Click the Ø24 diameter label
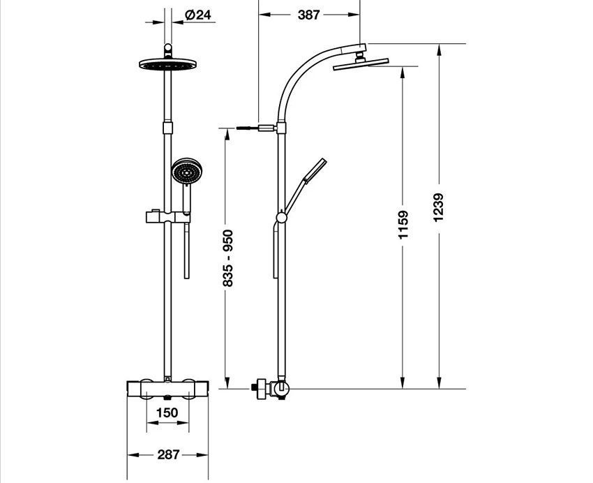pyautogui.click(x=200, y=15)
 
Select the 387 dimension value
pyautogui.click(x=308, y=15)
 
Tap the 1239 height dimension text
pyautogui.click(x=437, y=207)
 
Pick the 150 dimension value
pyautogui.click(x=167, y=413)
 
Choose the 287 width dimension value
pyautogui.click(x=167, y=454)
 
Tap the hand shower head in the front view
pyautogui.click(x=186, y=171)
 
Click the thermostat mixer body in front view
pyautogui.click(x=167, y=389)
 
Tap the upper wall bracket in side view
pyautogui.click(x=268, y=128)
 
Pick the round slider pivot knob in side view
pyautogui.click(x=280, y=217)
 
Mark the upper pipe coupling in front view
pyautogui.click(x=167, y=126)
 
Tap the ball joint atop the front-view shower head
pyautogui.click(x=167, y=50)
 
